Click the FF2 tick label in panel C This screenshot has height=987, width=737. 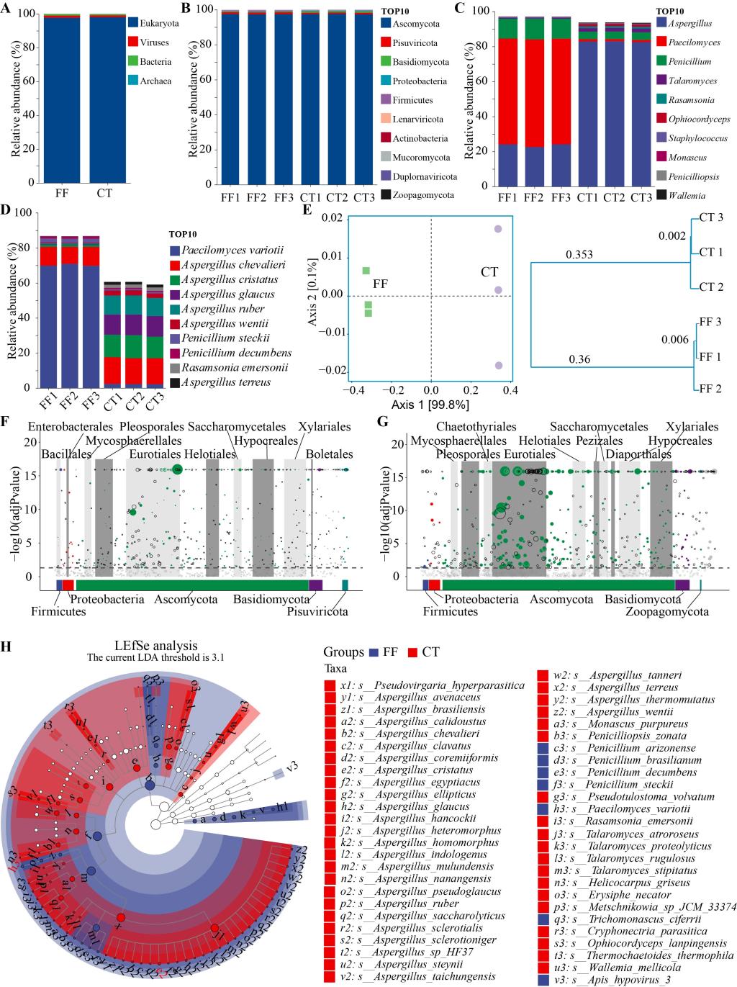[x=534, y=196]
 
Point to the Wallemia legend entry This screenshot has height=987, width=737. [x=687, y=195]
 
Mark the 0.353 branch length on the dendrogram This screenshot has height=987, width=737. [x=578, y=255]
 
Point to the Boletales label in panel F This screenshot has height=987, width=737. [x=329, y=454]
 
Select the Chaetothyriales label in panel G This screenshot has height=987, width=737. [x=476, y=428]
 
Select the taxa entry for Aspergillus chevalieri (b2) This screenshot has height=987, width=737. [x=423, y=733]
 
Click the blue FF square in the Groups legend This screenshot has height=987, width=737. [x=374, y=652]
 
